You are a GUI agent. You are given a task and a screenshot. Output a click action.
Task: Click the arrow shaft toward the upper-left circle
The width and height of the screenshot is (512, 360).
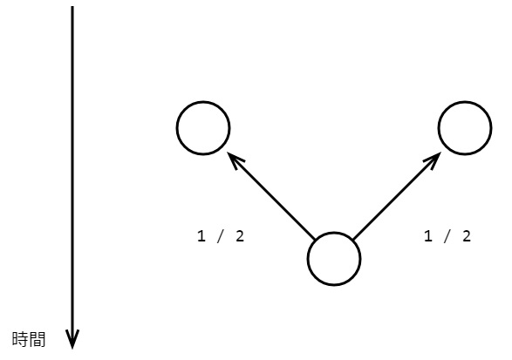270,195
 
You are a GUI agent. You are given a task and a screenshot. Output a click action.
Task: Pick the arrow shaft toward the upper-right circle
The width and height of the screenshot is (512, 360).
397,196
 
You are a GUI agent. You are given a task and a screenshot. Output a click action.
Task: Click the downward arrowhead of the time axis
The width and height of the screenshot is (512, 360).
72,339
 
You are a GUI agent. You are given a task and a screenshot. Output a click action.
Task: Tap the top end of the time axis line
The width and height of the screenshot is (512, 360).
72,6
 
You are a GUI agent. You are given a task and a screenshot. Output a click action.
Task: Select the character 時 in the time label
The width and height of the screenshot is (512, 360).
20,339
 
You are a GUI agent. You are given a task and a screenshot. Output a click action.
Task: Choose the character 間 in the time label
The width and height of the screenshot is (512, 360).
37,339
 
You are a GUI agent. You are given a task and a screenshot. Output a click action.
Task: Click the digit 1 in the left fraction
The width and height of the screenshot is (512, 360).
201,236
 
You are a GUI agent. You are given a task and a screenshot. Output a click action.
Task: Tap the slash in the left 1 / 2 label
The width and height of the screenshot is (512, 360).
221,236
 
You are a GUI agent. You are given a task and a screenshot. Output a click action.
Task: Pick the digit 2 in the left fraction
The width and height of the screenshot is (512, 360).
240,236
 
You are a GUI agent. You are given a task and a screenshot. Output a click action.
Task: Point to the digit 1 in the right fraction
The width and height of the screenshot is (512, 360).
428,236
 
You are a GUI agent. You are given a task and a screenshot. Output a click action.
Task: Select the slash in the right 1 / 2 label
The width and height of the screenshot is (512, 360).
447,236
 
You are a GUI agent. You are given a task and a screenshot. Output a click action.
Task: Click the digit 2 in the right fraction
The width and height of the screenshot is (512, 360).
467,236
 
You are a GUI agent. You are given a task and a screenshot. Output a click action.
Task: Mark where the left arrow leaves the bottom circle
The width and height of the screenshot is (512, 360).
315,240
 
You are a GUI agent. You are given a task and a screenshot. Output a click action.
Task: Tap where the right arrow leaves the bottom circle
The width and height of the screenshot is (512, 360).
353,240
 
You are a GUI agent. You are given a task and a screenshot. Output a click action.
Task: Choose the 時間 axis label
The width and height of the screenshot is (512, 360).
29,339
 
